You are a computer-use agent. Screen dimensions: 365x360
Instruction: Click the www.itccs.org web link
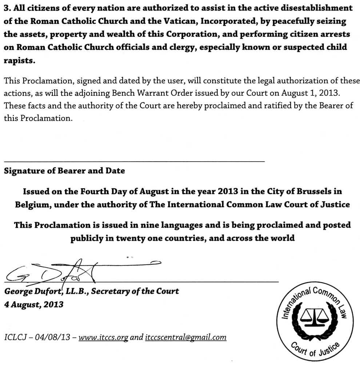(103, 337)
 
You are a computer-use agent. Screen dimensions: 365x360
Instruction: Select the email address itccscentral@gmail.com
(185, 337)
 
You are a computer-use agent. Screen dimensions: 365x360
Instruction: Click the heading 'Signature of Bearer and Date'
(64, 171)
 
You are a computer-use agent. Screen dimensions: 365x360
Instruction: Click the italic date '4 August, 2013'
(33, 304)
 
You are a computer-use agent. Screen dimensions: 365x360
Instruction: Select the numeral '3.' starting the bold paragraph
(7, 8)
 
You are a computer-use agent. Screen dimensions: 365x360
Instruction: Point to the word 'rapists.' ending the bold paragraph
(19, 61)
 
